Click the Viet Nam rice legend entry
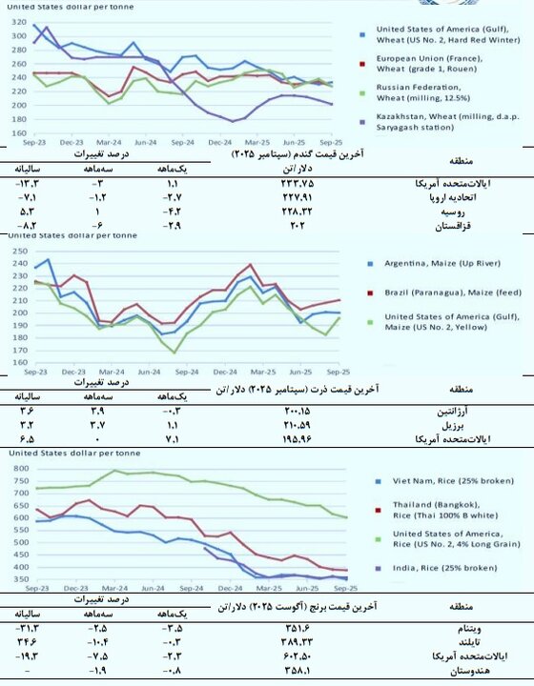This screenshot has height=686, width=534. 435,481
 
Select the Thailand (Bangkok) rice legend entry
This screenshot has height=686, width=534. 435,510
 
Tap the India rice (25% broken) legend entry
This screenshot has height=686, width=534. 435,567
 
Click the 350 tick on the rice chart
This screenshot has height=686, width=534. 17,578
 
